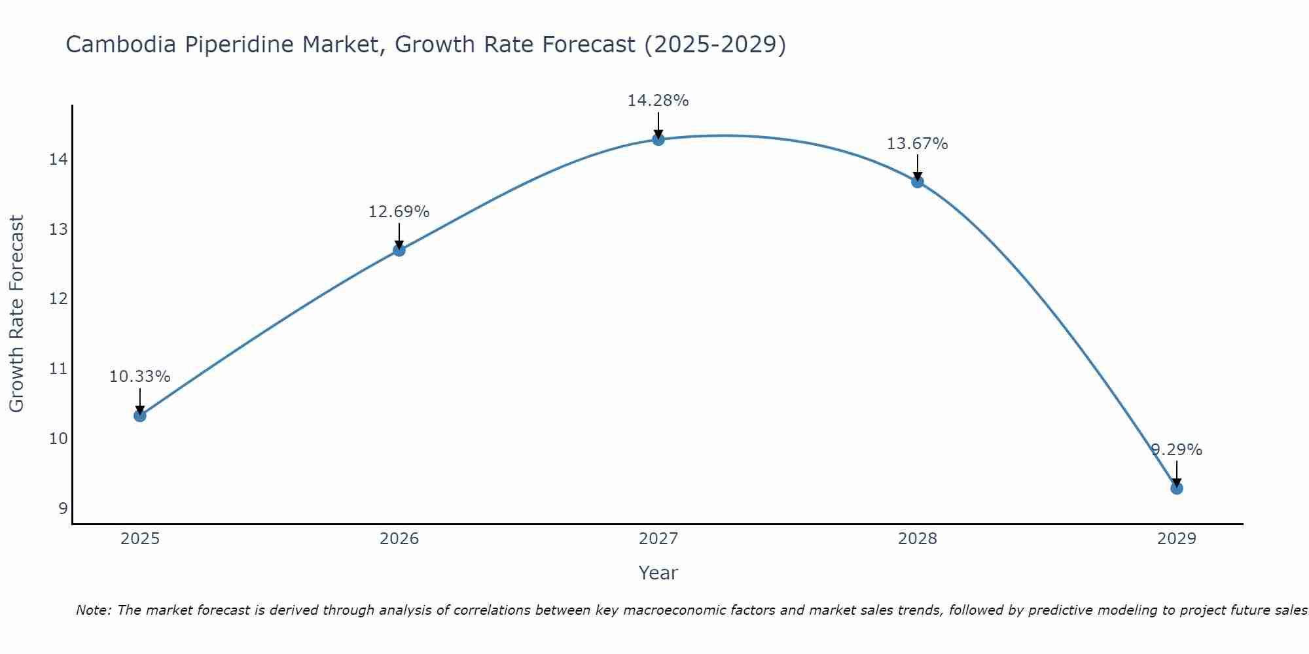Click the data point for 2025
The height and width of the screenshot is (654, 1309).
pyautogui.click(x=139, y=415)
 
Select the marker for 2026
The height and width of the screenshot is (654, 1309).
pyautogui.click(x=399, y=250)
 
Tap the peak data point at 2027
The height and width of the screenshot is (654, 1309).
pyautogui.click(x=658, y=139)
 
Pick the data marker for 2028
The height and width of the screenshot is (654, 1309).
pyautogui.click(x=917, y=182)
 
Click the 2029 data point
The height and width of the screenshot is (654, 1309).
pyautogui.click(x=1176, y=488)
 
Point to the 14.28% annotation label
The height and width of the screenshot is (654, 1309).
pyautogui.click(x=658, y=101)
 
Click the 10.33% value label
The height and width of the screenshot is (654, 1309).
pyautogui.click(x=139, y=377)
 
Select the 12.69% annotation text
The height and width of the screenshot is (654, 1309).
pyautogui.click(x=399, y=212)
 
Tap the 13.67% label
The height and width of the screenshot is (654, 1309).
pyautogui.click(x=917, y=144)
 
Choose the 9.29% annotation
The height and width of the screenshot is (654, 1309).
pyautogui.click(x=1176, y=450)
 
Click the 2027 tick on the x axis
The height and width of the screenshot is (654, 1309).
pyautogui.click(x=658, y=539)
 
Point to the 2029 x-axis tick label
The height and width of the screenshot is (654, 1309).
pyautogui.click(x=1176, y=539)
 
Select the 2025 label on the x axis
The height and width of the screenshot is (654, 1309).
pyautogui.click(x=139, y=539)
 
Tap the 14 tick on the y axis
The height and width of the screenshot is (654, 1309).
pyautogui.click(x=58, y=160)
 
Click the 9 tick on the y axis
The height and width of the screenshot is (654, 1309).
pyautogui.click(x=63, y=508)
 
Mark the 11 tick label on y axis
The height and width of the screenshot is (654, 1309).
pyautogui.click(x=58, y=369)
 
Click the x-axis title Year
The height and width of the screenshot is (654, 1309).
pyautogui.click(x=658, y=573)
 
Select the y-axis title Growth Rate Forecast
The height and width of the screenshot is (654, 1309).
pyautogui.click(x=16, y=314)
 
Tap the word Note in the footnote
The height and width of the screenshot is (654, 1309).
pyautogui.click(x=94, y=610)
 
